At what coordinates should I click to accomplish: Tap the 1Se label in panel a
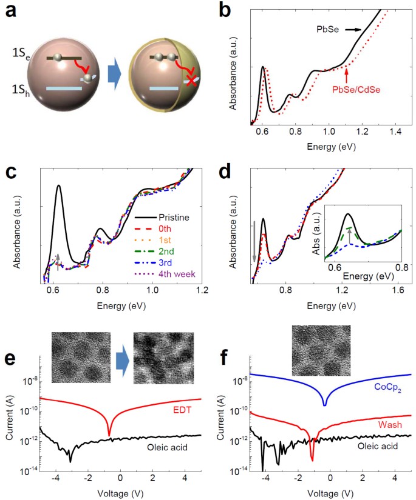tap(18, 59)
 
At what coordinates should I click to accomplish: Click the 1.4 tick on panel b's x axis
tap(396, 131)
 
